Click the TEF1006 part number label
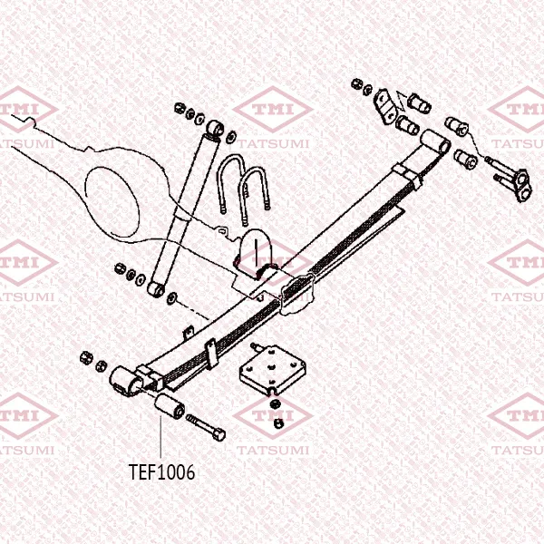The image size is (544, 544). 161,471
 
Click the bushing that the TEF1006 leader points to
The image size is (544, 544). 170,406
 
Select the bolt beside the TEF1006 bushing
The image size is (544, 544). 206,428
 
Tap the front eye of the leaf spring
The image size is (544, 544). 126,382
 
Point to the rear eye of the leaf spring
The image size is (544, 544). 435,142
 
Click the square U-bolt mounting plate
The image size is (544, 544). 273,369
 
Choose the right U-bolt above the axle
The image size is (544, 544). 255,195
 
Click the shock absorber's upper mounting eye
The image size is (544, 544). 216,129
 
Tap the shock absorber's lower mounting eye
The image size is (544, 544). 156,289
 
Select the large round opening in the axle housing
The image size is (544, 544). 112,202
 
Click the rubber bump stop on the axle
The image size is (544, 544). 255,250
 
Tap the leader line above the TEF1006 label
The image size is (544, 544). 161,437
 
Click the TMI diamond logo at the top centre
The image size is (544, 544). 273,110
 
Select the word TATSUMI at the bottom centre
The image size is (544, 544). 273,451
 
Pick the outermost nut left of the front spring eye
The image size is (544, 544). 86,358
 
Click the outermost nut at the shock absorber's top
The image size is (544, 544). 180,108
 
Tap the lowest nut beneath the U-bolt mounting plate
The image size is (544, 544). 277,423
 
